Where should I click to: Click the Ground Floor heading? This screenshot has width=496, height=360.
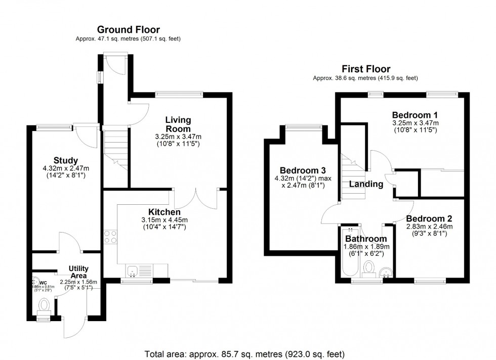[x=128, y=29]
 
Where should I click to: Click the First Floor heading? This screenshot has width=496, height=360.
[x=365, y=69]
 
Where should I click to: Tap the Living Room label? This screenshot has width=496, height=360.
[x=178, y=124]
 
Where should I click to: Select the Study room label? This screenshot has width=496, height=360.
[x=66, y=161]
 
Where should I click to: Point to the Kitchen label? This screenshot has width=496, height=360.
[x=164, y=212]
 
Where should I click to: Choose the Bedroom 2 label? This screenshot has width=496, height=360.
[x=429, y=219]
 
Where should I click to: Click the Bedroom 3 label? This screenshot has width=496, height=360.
[x=302, y=170]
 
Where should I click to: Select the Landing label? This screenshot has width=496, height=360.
[x=366, y=184]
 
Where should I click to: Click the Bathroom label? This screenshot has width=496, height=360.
[x=366, y=239]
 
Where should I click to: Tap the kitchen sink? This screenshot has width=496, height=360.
[x=132, y=272]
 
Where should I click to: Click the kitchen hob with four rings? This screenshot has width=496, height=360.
[x=110, y=237]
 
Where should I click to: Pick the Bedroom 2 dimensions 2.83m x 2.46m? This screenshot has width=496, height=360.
[x=429, y=227]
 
